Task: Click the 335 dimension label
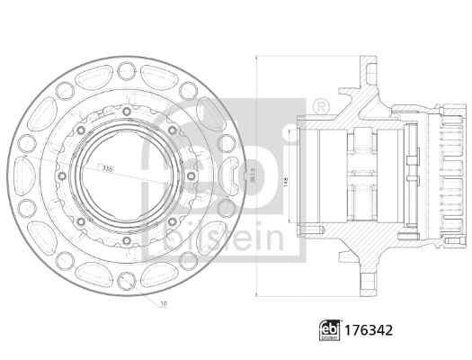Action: click(x=107, y=168)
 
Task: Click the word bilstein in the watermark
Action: click(x=225, y=235)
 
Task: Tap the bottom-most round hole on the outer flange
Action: click(x=124, y=286)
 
